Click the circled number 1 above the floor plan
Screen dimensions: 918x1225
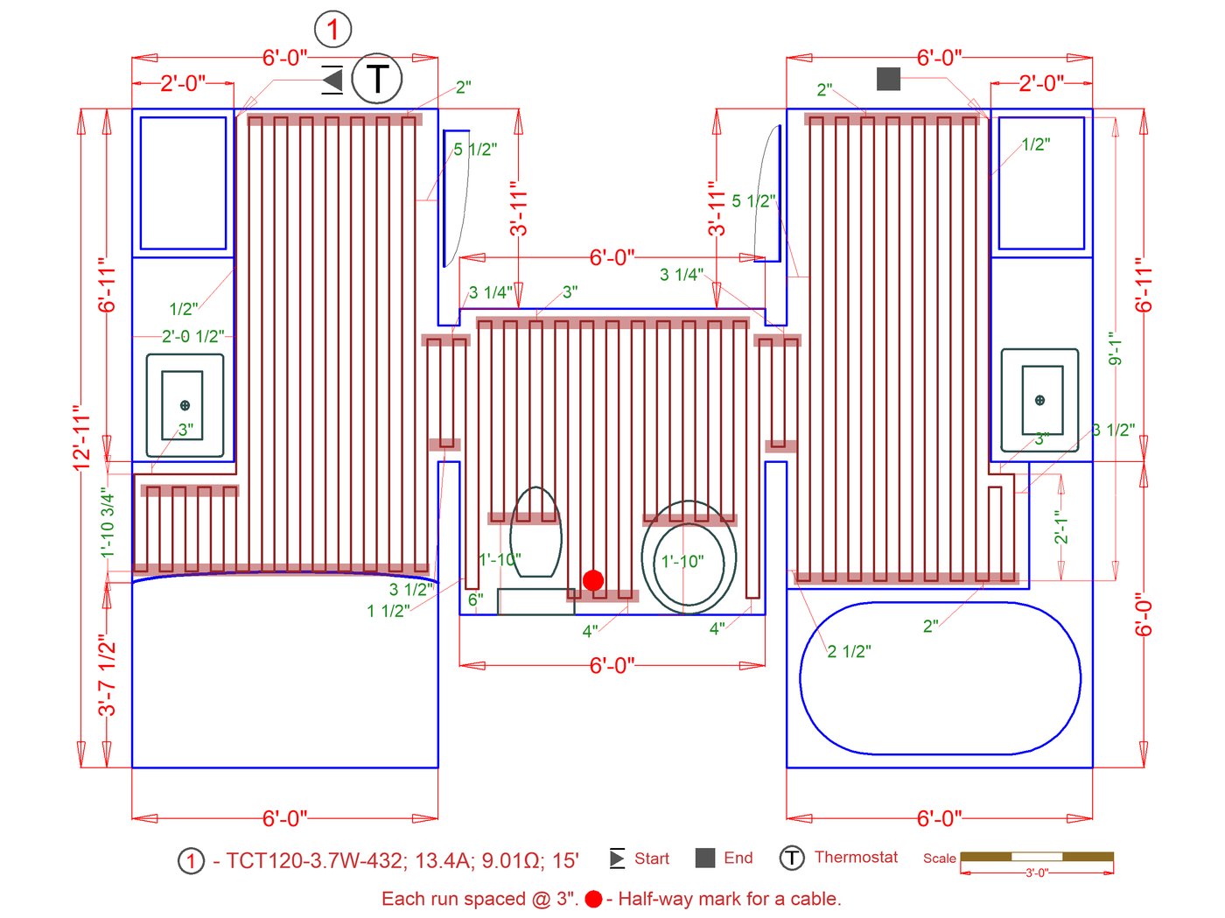(332, 30)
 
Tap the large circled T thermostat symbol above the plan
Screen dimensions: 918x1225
(377, 79)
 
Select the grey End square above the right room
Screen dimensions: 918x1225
(888, 79)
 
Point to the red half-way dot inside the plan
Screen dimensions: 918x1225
(593, 580)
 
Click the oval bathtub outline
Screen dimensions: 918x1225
(940, 678)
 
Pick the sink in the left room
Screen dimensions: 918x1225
(184, 405)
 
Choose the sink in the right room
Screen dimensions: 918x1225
(1040, 400)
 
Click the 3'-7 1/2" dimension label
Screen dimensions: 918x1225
(107, 675)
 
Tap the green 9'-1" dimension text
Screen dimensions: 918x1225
(1114, 348)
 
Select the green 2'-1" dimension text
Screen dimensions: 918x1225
(1061, 528)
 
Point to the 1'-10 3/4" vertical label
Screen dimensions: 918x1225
(107, 523)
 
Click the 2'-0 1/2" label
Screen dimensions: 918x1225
(192, 337)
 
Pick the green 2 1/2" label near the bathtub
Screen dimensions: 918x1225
(849, 652)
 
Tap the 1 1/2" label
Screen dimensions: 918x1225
(388, 611)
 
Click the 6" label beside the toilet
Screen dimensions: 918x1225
(475, 599)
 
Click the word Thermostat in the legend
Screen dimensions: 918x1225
(856, 858)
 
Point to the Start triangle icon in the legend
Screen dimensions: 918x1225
(617, 858)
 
